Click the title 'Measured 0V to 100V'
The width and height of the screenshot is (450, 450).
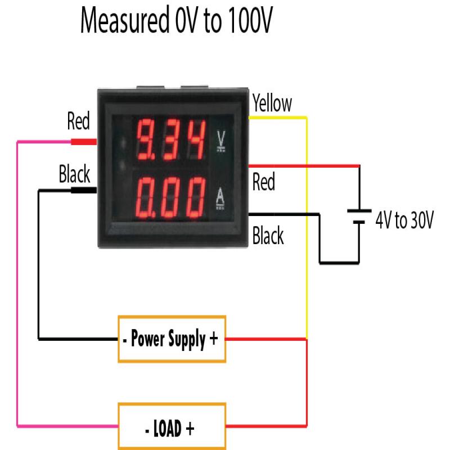click(x=178, y=22)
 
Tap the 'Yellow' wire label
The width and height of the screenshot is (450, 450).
click(x=272, y=103)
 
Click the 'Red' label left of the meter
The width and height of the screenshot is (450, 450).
click(x=78, y=121)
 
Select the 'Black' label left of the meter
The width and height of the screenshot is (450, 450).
click(x=75, y=175)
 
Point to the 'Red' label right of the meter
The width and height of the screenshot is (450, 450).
click(x=264, y=182)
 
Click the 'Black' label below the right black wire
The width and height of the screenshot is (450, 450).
click(x=268, y=236)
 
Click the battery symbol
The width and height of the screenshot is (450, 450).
click(x=358, y=217)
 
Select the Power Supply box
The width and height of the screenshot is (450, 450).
click(x=172, y=339)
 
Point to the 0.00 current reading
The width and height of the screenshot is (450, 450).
click(x=171, y=197)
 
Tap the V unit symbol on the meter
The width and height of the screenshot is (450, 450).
click(x=220, y=141)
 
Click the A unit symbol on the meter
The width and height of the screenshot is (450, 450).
click(x=220, y=198)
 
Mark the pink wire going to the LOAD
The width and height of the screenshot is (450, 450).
click(x=18, y=281)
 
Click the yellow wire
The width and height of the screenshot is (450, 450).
click(x=307, y=225)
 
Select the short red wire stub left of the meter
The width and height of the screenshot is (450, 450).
click(x=83, y=142)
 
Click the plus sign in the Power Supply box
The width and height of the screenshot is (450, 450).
click(x=213, y=339)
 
